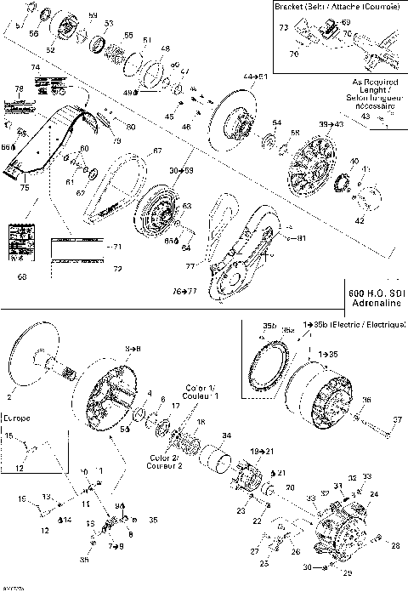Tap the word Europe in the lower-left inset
coord(16,418)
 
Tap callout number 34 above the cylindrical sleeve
coord(225,436)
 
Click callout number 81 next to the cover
coord(301,238)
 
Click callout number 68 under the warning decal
coord(21,276)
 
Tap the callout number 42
coord(360,219)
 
